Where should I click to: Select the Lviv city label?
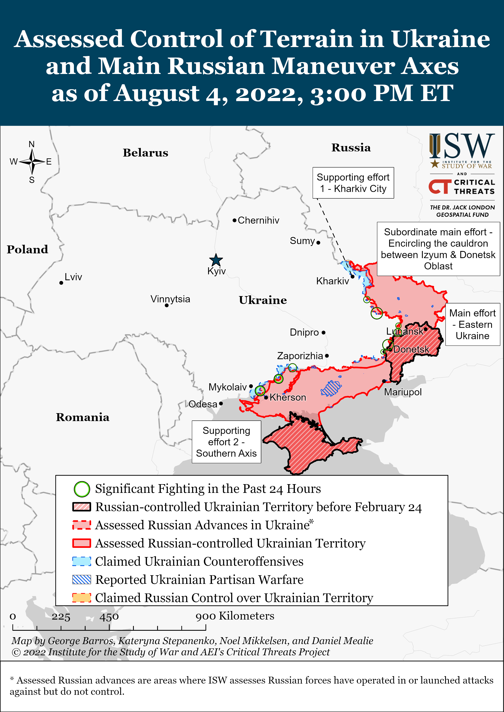(x=73, y=277)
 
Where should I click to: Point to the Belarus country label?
(x=145, y=153)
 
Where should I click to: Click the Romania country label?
(x=83, y=417)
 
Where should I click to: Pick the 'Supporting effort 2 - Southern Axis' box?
(x=226, y=442)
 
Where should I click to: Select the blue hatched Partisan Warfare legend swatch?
(x=82, y=580)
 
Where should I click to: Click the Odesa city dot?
(x=221, y=404)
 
